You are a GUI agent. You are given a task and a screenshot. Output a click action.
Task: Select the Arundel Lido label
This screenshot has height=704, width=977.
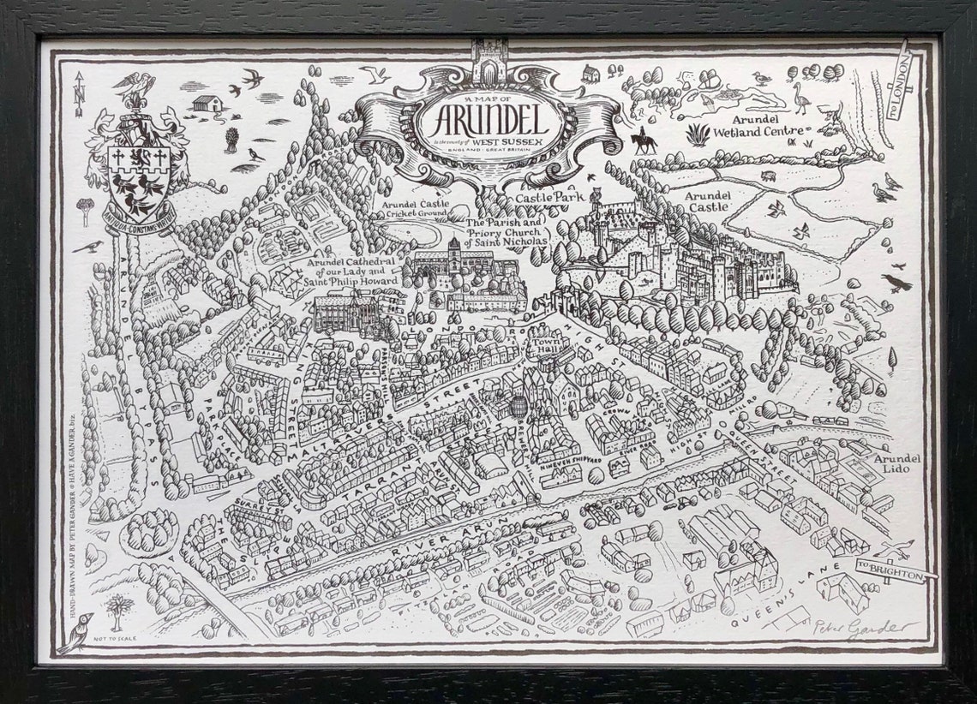896,465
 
